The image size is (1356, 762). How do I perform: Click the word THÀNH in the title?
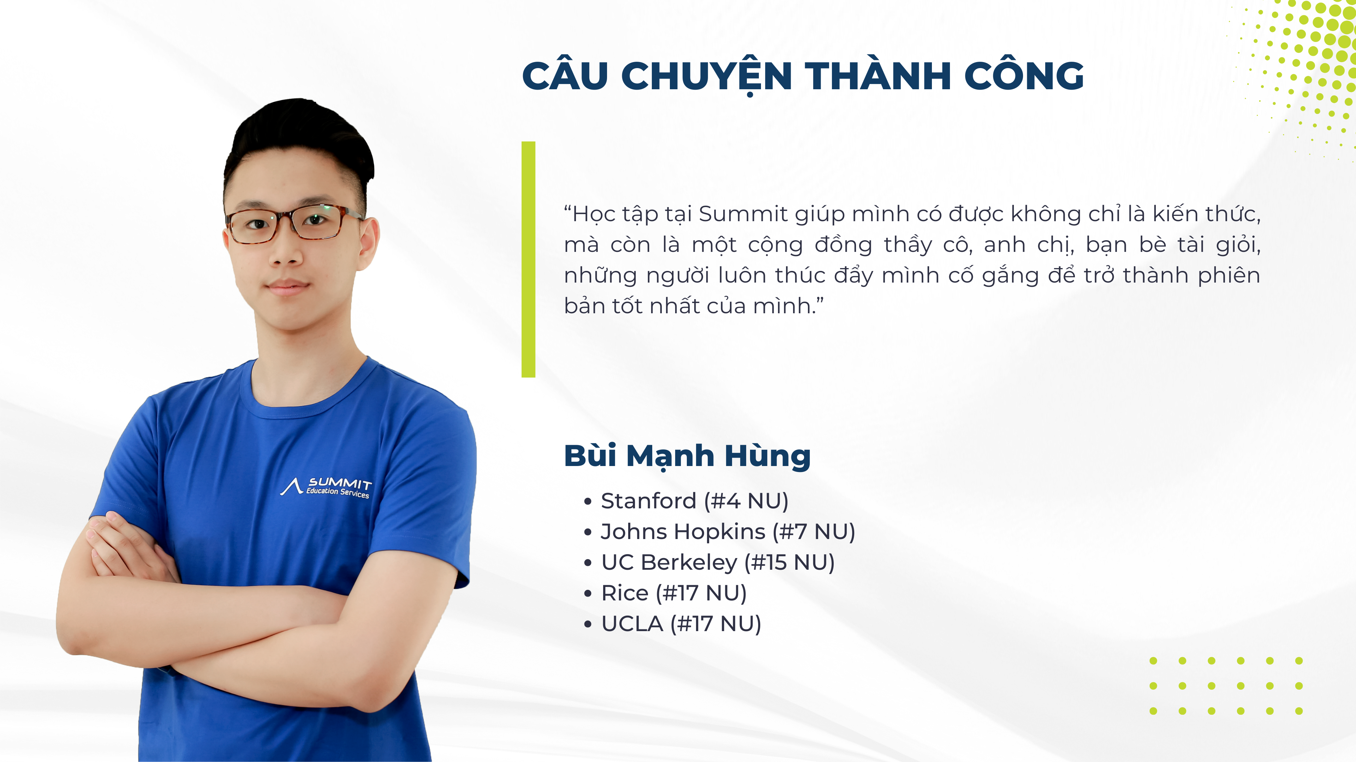[x=878, y=76]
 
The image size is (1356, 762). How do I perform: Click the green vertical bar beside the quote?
[x=528, y=259]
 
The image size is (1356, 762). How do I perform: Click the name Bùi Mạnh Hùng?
[x=687, y=456]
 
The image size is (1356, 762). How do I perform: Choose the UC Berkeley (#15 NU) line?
[x=718, y=562]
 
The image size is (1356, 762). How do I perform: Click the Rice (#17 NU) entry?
[x=674, y=593]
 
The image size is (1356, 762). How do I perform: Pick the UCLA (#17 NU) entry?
[x=681, y=624]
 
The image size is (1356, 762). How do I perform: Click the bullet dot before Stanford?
[x=588, y=502]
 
